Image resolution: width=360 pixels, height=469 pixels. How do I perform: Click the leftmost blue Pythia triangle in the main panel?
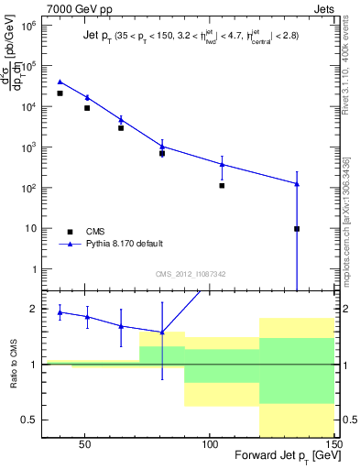pyautogui.click(x=60, y=82)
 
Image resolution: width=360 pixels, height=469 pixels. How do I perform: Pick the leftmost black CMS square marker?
pyautogui.click(x=60, y=93)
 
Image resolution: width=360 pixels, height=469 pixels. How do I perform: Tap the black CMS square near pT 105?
pyautogui.click(x=222, y=186)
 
